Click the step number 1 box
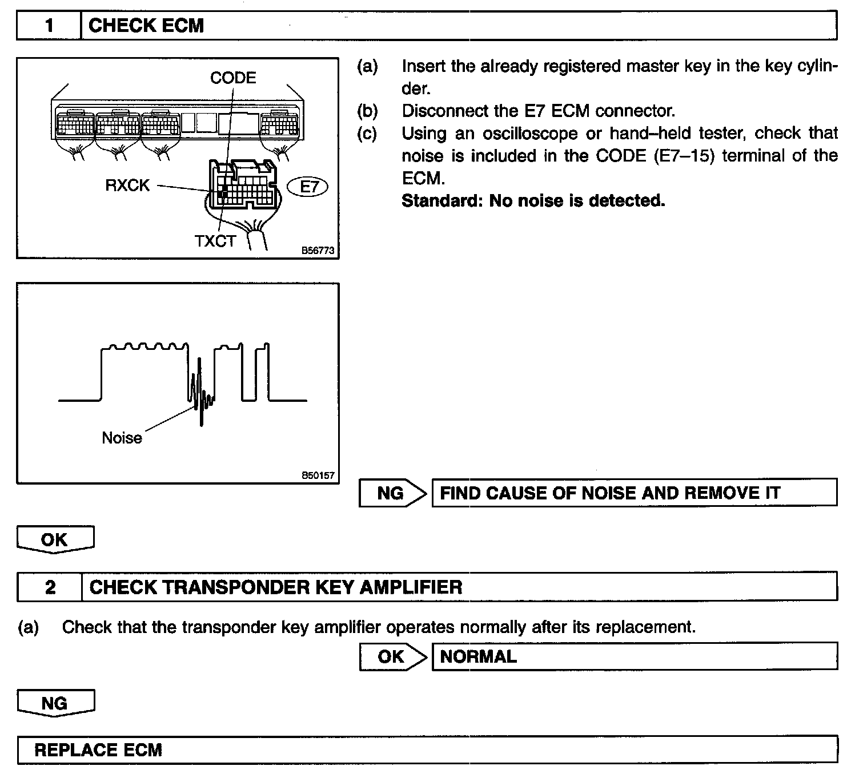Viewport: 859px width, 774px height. [49, 26]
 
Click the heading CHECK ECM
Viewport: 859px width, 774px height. [146, 26]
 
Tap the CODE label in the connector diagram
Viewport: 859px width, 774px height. [233, 78]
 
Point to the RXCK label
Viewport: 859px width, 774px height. [127, 185]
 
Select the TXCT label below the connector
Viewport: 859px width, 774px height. [215, 241]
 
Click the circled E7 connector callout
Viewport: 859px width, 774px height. [308, 187]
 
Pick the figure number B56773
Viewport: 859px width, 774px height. [318, 250]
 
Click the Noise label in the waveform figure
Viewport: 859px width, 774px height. [122, 438]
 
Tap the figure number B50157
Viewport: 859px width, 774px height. [318, 475]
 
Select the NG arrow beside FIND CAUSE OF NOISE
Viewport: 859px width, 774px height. [393, 493]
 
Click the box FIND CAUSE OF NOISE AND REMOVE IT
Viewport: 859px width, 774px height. [634, 493]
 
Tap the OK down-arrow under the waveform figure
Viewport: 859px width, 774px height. [55, 539]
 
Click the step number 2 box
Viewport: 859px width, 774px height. [50, 587]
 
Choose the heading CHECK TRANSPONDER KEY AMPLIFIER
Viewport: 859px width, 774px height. [276, 587]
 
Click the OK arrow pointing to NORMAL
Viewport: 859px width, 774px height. [393, 656]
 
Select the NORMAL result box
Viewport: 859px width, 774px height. [634, 656]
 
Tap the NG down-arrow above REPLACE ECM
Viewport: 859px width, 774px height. [55, 703]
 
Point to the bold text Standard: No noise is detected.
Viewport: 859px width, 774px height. [533, 201]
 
